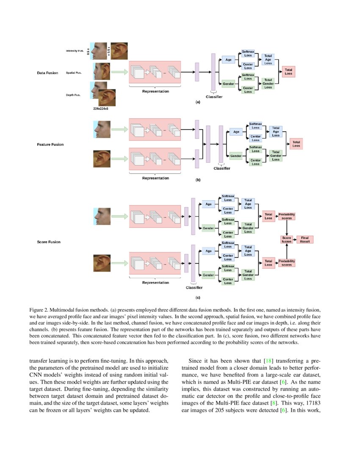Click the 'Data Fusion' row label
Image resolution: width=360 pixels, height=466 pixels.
click(47, 73)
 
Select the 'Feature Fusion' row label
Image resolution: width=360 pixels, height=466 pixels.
click(50, 144)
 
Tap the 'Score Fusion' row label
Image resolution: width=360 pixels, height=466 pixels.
click(49, 242)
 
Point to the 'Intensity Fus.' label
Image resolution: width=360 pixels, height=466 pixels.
click(74, 51)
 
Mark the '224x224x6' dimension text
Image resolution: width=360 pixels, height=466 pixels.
click(100, 109)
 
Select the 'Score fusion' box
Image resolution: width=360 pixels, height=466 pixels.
click(287, 239)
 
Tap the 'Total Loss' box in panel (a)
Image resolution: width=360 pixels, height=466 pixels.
click(288, 72)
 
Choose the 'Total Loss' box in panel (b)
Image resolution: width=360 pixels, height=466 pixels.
click(296, 144)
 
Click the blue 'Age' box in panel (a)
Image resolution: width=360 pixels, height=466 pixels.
click(228, 60)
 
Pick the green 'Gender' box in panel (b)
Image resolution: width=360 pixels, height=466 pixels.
click(236, 156)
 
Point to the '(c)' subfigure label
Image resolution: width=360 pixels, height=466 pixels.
click(198, 297)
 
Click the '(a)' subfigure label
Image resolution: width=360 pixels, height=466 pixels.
click(197, 103)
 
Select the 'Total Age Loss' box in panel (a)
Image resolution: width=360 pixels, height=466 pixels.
click(268, 60)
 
